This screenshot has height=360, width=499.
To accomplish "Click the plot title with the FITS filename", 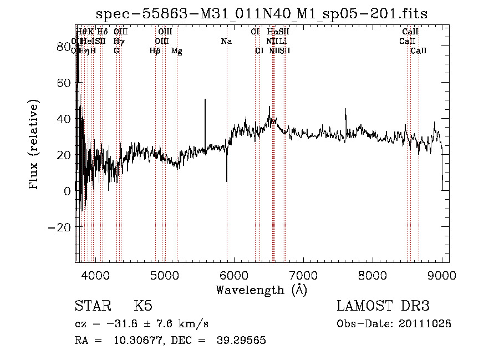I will pos(262,14).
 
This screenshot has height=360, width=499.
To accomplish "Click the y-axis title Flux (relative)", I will pos(34,145).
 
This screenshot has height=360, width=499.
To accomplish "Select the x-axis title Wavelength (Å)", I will pos(261,290).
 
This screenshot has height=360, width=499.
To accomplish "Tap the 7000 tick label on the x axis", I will pos(303,275).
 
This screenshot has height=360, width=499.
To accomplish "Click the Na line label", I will pos(226,41).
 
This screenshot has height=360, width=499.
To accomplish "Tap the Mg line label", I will pos(177,51).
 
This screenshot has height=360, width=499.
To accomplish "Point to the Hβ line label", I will pos(155,51).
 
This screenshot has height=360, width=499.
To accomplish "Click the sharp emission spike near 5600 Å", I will pos(206,100).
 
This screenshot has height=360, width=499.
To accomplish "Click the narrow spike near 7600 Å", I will pos(345,110).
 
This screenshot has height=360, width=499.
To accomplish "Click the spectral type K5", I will pos(142,306).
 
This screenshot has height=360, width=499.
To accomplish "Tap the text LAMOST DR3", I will pos(383,306).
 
